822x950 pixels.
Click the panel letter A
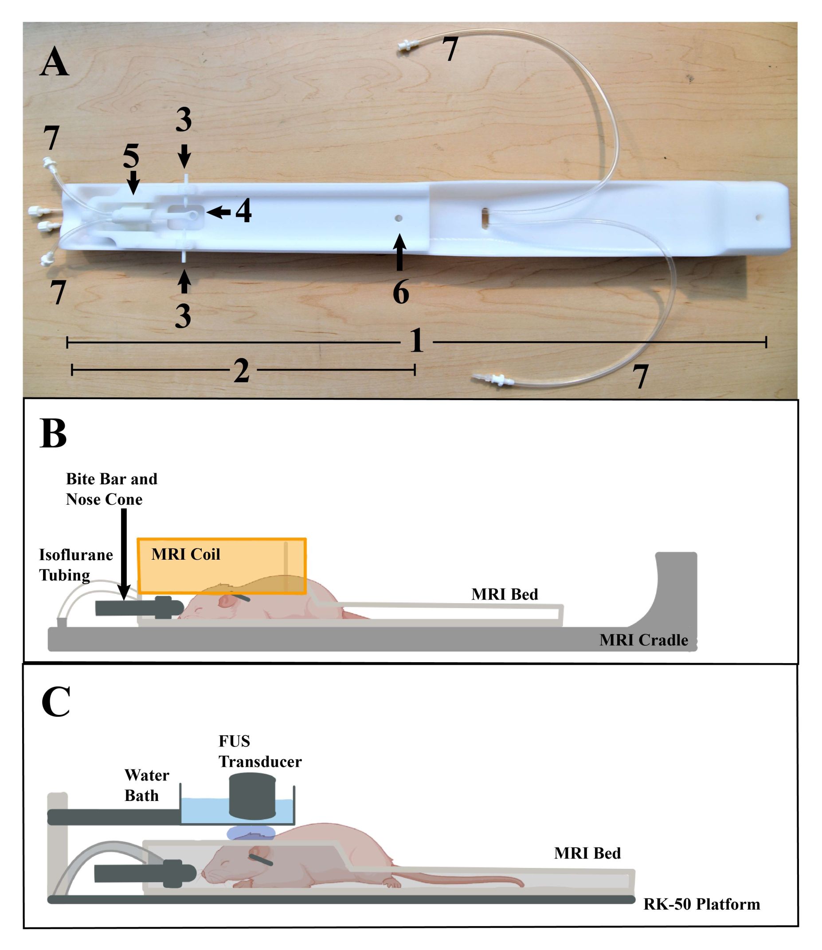pyautogui.click(x=54, y=64)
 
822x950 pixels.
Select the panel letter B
pyautogui.click(x=53, y=434)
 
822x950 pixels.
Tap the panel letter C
pyautogui.click(x=55, y=702)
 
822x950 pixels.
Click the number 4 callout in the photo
pyautogui.click(x=243, y=212)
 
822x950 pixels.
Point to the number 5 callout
pyautogui.click(x=131, y=156)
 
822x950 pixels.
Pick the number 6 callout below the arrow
pyautogui.click(x=400, y=292)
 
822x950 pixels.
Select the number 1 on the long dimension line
pyautogui.click(x=416, y=342)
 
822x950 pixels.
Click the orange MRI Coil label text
pyautogui.click(x=186, y=554)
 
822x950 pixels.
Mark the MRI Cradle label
pyautogui.click(x=644, y=640)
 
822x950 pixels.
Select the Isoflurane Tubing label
pyautogui.click(x=76, y=565)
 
